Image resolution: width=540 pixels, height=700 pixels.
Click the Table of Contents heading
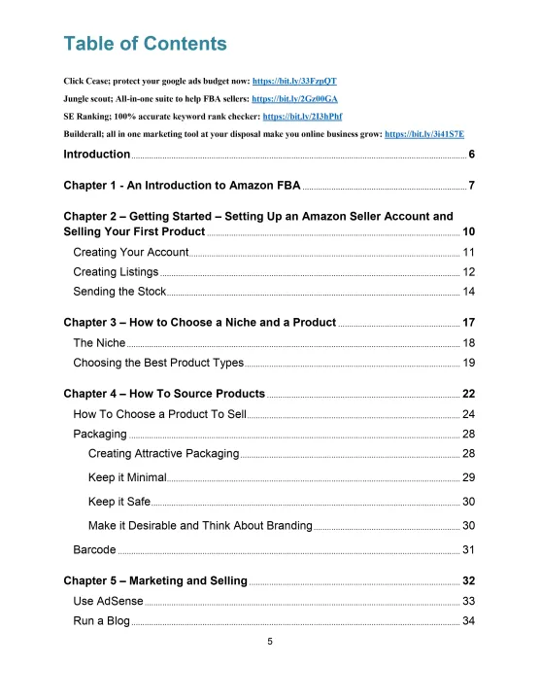[145, 44]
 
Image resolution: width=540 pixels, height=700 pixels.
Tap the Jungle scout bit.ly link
[294, 98]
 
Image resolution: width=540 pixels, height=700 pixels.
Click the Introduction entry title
[96, 155]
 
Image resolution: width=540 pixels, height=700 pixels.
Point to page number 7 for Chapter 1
[471, 186]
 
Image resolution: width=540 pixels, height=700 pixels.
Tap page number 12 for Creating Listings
[468, 272]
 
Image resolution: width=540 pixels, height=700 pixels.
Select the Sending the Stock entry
[119, 292]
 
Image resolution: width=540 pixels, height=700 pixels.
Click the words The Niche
[99, 343]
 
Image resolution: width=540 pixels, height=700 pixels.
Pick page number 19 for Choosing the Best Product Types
[468, 363]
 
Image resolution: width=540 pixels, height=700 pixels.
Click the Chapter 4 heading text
[163, 394]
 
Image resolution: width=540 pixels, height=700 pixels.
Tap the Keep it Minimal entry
[127, 477]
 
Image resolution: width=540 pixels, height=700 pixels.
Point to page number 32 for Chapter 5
[468, 581]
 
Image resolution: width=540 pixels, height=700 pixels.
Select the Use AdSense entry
[108, 602]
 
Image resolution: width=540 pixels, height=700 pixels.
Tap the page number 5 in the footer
[270, 642]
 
